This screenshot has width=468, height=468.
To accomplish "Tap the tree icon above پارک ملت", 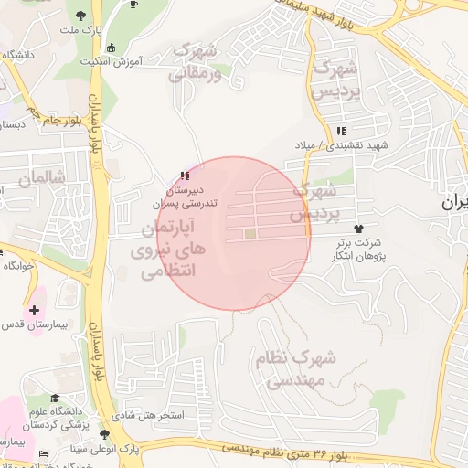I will (x=80, y=14).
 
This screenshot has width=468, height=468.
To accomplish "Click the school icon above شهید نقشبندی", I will (x=341, y=132).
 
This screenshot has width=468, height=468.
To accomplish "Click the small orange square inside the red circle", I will (x=250, y=234).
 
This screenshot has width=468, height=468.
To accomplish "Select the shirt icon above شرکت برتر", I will (x=356, y=229).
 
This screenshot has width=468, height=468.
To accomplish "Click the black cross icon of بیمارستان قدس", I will (x=35, y=311).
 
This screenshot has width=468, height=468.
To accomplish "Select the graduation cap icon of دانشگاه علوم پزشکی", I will (x=56, y=399).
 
